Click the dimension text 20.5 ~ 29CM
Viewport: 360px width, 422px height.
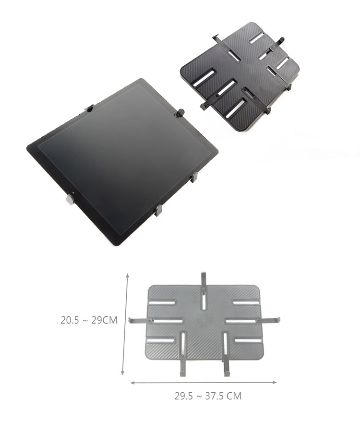tap(89, 320)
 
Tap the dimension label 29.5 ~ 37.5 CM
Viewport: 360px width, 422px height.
tap(208, 396)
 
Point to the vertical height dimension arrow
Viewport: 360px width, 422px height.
tap(125, 324)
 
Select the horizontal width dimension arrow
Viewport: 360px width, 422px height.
tap(204, 383)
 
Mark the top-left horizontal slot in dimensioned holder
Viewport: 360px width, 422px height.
tap(162, 302)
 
